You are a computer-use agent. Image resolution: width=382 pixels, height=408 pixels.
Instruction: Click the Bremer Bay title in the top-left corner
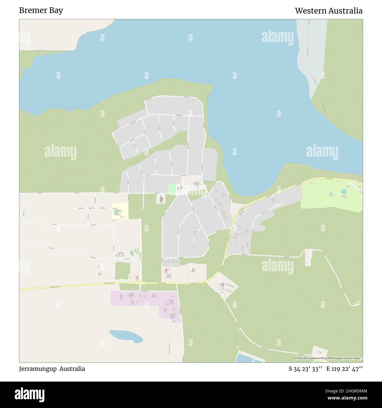pos(41,11)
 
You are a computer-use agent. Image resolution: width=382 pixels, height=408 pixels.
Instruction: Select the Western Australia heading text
pos(329,11)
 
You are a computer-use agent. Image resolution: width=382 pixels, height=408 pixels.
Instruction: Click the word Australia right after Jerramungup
pos(72,369)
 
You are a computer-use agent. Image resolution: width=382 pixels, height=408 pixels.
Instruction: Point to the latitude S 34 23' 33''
pos(306,369)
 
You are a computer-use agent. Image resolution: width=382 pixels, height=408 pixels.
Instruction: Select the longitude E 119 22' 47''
pos(344,369)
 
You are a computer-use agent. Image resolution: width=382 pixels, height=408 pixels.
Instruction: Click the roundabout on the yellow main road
pos(140,283)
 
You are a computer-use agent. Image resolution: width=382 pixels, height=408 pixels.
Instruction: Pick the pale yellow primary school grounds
pos(120,211)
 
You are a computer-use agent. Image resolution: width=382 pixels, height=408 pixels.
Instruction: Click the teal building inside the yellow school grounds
pos(115,211)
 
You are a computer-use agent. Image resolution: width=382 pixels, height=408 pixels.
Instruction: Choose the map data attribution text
pos(329,358)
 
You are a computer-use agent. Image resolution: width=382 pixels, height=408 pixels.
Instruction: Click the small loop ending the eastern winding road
pos(358,303)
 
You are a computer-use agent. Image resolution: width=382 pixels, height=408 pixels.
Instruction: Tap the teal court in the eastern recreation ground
pos(344,191)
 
